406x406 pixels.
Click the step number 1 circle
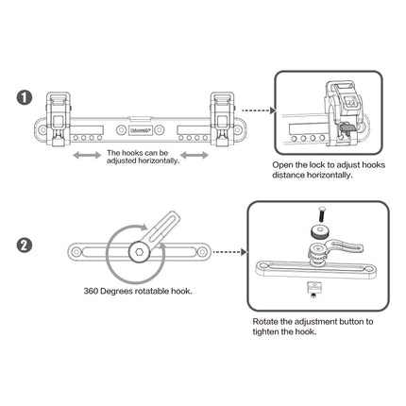(25, 97)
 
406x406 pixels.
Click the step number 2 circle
(25, 247)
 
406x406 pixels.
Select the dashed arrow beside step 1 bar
(253, 122)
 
